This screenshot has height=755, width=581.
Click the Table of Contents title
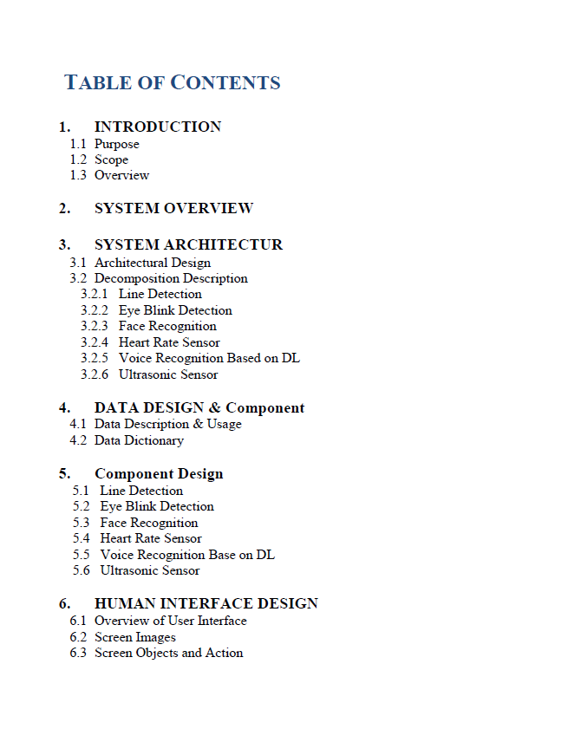click(173, 83)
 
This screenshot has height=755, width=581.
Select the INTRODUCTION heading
click(157, 127)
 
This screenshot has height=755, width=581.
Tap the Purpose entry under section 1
click(116, 144)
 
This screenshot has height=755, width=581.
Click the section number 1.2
click(78, 159)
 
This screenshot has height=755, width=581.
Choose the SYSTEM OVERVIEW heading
click(173, 208)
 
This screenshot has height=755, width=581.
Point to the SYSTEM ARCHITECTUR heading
click(188, 244)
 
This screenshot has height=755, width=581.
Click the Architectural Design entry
click(152, 263)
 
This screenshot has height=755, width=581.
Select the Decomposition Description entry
click(171, 278)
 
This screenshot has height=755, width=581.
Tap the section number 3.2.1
click(94, 294)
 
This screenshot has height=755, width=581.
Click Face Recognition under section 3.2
click(167, 326)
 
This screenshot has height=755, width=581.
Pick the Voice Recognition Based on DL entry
click(209, 358)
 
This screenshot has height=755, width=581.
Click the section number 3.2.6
click(94, 374)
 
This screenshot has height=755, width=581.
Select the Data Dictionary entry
click(139, 440)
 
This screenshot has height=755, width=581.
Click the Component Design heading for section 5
click(159, 473)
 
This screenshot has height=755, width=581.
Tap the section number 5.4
click(82, 538)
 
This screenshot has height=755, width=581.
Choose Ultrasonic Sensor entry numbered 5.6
click(150, 570)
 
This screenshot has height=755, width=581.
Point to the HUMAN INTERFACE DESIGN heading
click(206, 603)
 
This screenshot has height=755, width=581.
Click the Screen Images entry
click(134, 637)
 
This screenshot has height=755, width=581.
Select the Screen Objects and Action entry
click(168, 653)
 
